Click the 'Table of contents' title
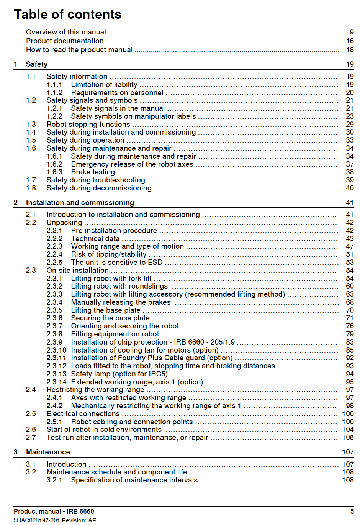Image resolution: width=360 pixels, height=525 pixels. [x=68, y=15]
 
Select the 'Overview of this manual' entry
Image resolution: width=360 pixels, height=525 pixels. [x=66, y=32]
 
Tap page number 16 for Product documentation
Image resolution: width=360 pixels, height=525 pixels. [x=350, y=41]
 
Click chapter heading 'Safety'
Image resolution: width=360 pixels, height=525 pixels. [x=37, y=64]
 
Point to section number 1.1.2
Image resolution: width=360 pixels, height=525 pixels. [x=54, y=93]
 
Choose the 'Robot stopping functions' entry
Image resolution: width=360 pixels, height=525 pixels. [x=88, y=125]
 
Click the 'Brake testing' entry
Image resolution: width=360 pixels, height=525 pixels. [x=93, y=172]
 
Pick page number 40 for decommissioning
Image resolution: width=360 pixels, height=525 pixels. [x=350, y=188]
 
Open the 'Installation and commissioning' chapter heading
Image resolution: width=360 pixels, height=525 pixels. [x=80, y=203]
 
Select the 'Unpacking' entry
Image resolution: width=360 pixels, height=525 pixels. [x=64, y=223]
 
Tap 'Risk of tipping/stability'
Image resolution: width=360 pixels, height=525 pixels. [x=108, y=254]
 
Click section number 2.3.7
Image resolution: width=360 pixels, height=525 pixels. [x=54, y=326]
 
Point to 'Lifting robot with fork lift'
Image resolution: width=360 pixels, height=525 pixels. [x=111, y=279]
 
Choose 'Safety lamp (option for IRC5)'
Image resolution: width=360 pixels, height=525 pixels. [x=119, y=374]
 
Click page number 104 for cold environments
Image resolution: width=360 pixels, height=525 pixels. [x=348, y=430]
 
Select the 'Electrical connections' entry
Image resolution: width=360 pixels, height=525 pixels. [x=83, y=414]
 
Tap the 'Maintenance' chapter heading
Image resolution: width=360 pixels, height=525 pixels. [x=48, y=452]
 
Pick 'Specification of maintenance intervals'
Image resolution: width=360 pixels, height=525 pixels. [x=134, y=480]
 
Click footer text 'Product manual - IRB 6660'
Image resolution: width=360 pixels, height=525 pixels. [x=54, y=512]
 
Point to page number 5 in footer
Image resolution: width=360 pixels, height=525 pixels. [x=352, y=512]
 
